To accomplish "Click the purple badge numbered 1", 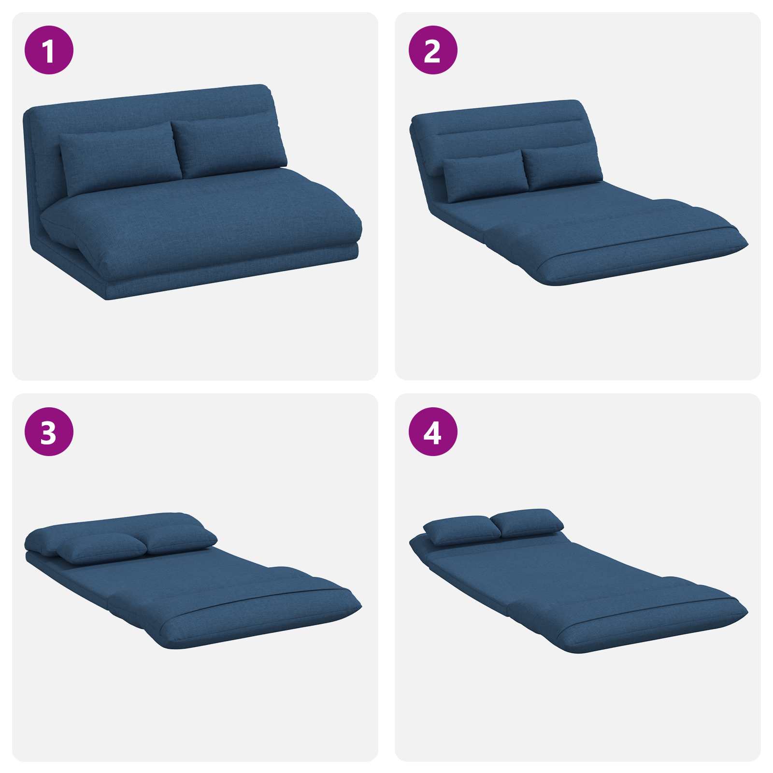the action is click(x=49, y=50).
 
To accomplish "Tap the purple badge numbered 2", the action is click(x=433, y=50).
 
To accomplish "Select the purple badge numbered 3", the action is click(x=49, y=431).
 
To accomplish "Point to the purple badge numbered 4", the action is click(x=433, y=431).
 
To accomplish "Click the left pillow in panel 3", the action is click(x=101, y=548).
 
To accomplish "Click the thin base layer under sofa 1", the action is click(x=232, y=278).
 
